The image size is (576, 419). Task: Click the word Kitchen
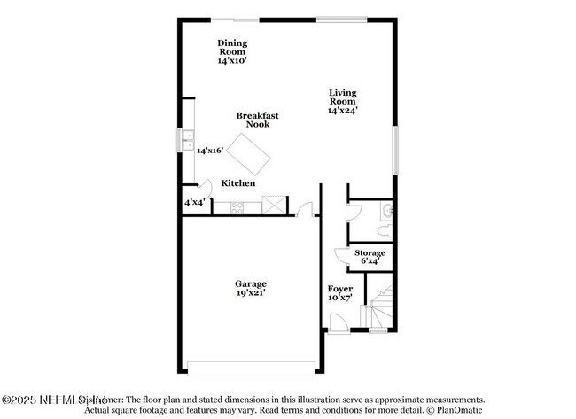pyautogui.click(x=238, y=183)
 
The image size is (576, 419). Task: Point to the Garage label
pyautogui.click(x=251, y=283)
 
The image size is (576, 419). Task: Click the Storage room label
pyautogui.click(x=370, y=253)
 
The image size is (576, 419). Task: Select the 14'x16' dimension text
pyautogui.click(x=209, y=151)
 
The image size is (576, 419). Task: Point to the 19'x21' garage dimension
pyautogui.click(x=251, y=293)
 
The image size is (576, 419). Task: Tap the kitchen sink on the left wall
pyautogui.click(x=187, y=140)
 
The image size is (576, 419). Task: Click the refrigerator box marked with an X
pyautogui.click(x=274, y=206)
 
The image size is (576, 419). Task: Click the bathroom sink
pyautogui.click(x=386, y=211)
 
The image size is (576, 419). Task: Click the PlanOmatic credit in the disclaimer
pyautogui.click(x=459, y=410)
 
